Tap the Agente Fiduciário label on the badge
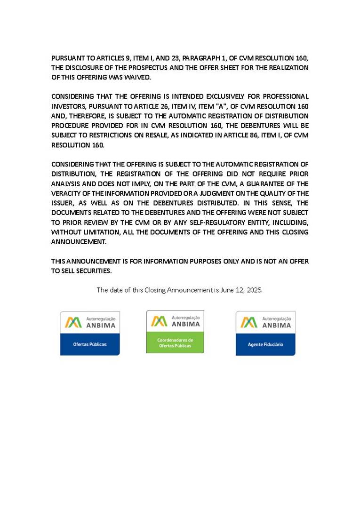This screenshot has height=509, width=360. (265, 345)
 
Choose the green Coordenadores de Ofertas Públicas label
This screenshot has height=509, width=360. (175, 343)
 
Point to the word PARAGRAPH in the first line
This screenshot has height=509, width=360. (200, 58)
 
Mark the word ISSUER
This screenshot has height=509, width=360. (63, 203)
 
